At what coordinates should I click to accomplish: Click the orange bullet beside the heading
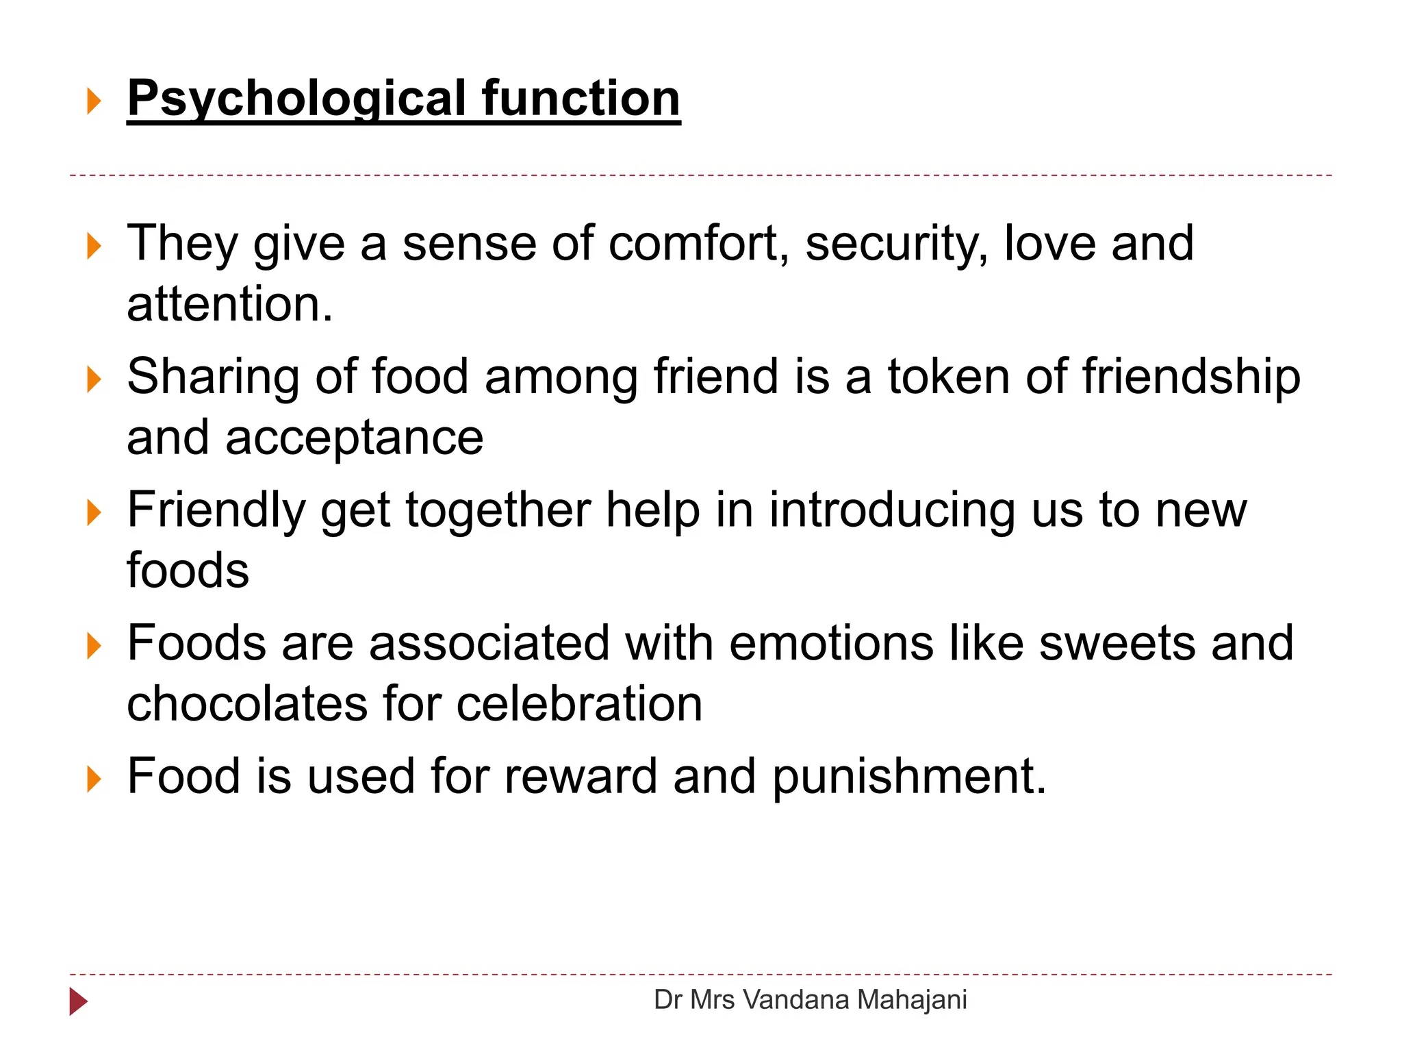[x=94, y=101]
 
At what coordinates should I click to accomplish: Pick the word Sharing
[x=213, y=379]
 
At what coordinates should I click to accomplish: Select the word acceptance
[x=354, y=438]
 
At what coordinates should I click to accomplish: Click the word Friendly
[x=216, y=512]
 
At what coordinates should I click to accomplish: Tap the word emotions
[x=830, y=644]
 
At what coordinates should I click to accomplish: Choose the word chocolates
[x=246, y=704]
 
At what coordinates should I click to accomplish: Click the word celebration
[x=579, y=704]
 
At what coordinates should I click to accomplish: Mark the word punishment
[x=909, y=778]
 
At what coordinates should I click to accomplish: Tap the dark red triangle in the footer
[x=78, y=1002]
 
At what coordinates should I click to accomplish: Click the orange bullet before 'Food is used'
[x=94, y=779]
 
